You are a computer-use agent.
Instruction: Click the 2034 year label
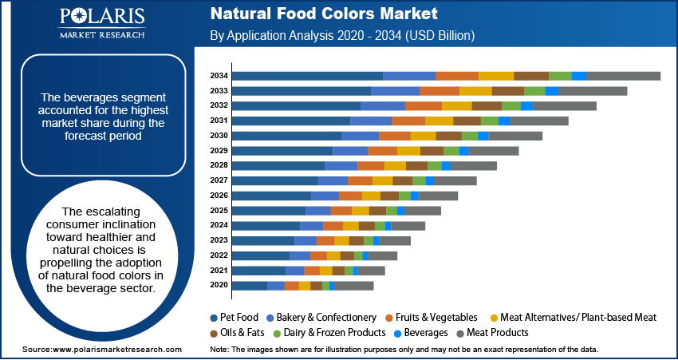click(x=219, y=76)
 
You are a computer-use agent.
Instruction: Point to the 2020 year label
click(x=219, y=285)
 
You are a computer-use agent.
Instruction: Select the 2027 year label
click(x=219, y=180)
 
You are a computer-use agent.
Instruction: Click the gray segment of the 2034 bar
click(x=624, y=76)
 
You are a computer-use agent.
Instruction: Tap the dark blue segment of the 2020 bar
click(x=249, y=285)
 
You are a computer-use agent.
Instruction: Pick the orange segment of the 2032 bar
click(x=424, y=105)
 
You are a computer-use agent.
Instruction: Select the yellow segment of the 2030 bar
click(x=424, y=136)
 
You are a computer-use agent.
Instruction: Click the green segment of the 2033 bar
click(x=534, y=91)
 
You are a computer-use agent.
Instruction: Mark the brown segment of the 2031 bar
click(x=467, y=121)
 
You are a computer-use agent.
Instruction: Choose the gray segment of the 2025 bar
click(x=423, y=210)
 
